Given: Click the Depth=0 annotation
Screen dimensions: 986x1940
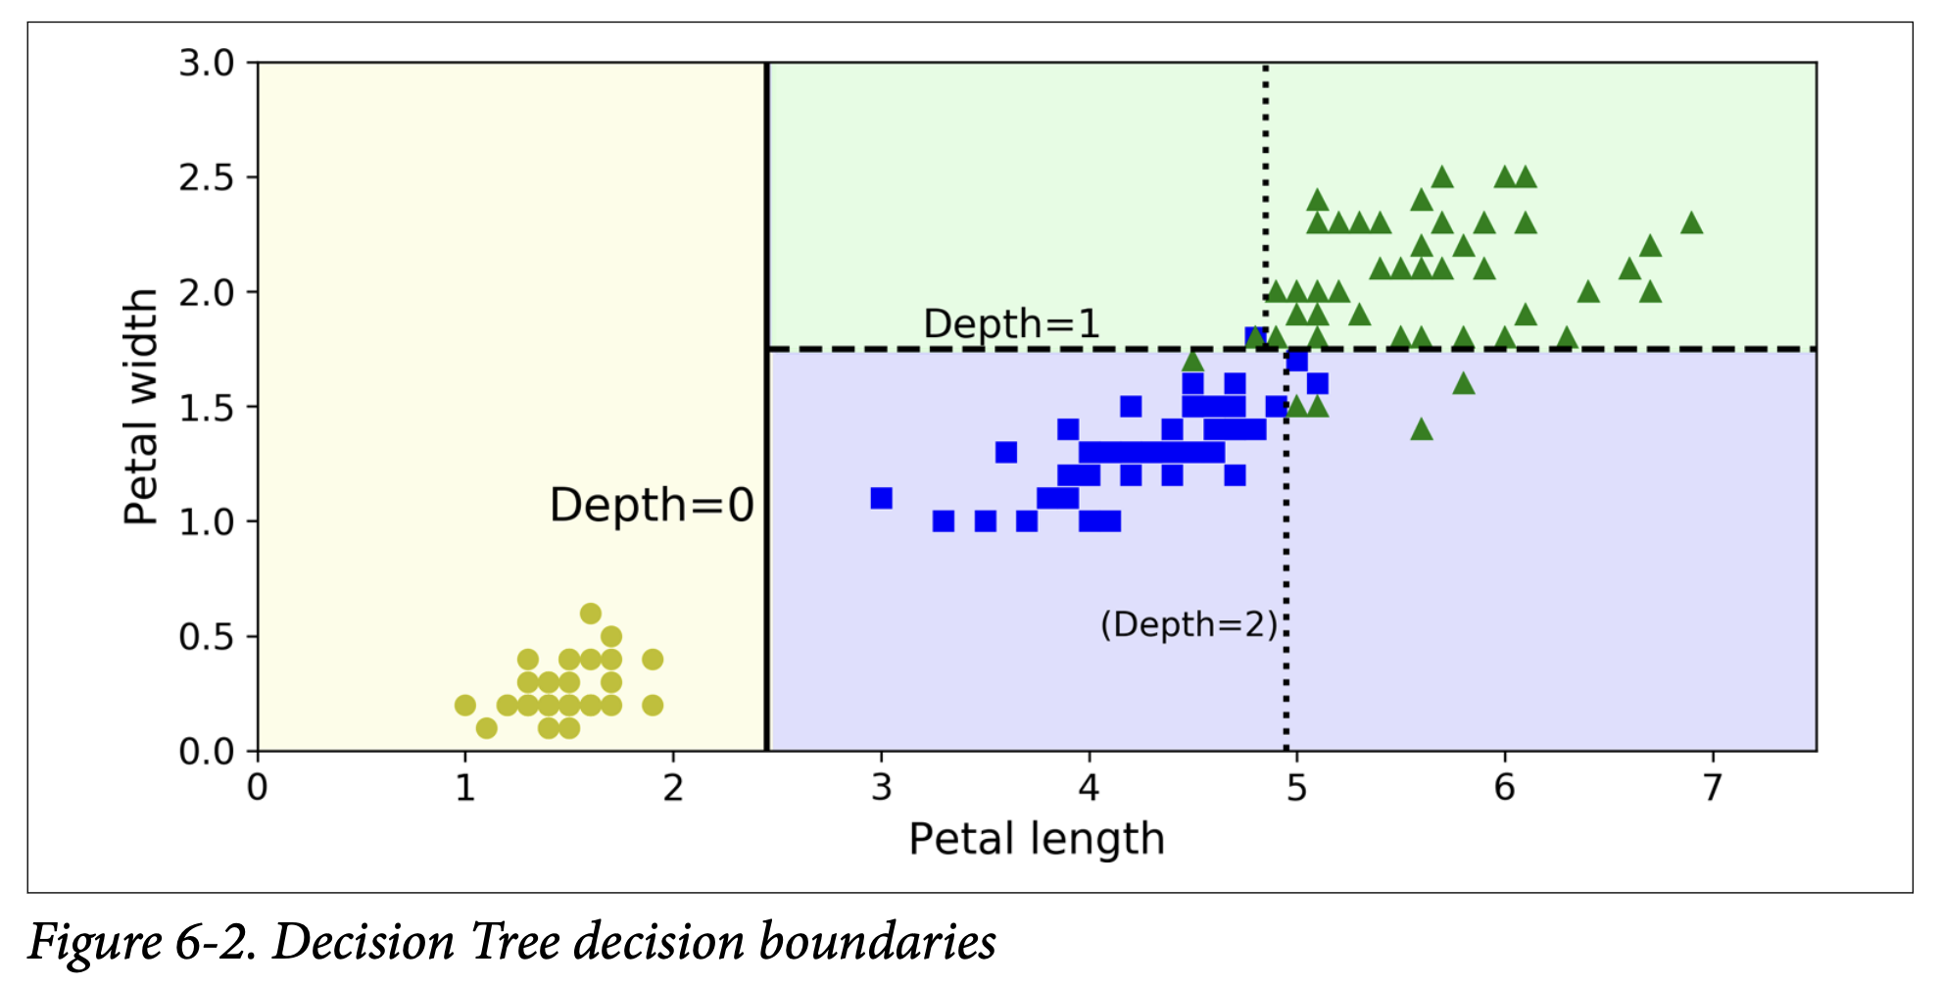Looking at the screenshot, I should (x=652, y=506).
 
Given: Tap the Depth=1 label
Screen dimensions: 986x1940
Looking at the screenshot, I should (x=1010, y=324).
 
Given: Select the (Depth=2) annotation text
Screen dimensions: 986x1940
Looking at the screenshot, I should (x=1188, y=624).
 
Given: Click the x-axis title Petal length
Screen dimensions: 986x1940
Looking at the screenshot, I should (x=1036, y=840).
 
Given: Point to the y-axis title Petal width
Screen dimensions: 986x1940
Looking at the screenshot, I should (x=141, y=407).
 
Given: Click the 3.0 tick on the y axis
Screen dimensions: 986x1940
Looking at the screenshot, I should (x=207, y=64).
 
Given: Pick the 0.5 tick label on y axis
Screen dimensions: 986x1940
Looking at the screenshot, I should (x=207, y=638).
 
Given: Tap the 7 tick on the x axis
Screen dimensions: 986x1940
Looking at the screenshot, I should (x=1712, y=787).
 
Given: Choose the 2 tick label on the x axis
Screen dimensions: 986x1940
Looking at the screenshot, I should (x=672, y=787).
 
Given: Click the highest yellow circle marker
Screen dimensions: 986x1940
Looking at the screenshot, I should (x=590, y=614).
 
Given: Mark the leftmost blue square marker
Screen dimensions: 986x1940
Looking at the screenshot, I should (x=881, y=498).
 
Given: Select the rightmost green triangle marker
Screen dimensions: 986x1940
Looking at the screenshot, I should (x=1691, y=223).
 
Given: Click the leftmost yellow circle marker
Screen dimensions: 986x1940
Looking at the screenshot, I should (x=465, y=705).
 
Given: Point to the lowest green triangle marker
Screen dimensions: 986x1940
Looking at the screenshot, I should (x=1422, y=429).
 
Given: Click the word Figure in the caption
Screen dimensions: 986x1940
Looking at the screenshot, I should (x=94, y=943).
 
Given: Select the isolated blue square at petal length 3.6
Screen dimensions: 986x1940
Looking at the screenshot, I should (x=1005, y=452).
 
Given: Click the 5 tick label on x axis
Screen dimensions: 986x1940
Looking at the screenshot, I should (x=1296, y=787).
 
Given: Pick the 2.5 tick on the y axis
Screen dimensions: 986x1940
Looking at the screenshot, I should (x=207, y=178).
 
